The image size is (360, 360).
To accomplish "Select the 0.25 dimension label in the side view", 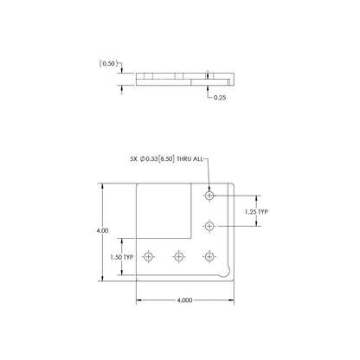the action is [220, 98].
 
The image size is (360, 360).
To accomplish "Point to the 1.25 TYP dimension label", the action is [256, 212].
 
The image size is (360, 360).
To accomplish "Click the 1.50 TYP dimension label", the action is [122, 257].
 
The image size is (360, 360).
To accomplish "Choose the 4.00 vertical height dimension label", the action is [102, 230].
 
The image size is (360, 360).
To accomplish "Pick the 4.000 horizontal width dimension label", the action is [184, 300].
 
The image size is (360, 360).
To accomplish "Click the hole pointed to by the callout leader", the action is [209, 196].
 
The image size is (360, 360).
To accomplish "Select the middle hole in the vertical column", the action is [209, 226].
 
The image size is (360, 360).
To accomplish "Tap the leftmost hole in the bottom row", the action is [149, 256].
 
